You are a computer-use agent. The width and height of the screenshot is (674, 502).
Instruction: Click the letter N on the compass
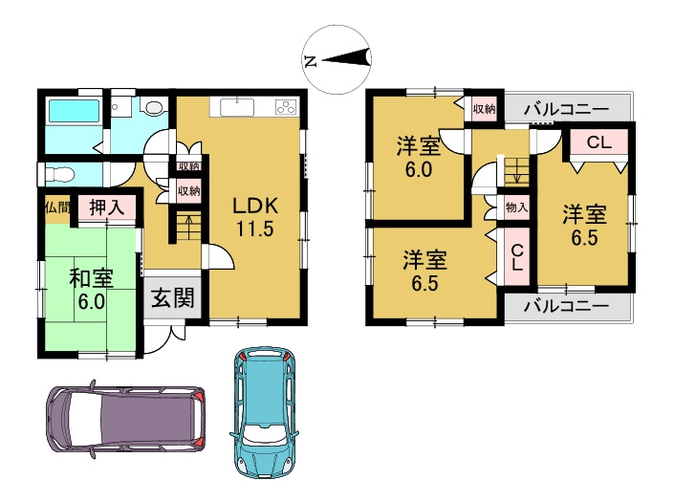[x=310, y=60]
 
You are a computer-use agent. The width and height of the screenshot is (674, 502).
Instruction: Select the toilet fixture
[x=60, y=175]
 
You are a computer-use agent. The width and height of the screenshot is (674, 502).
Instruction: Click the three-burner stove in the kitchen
[x=285, y=107]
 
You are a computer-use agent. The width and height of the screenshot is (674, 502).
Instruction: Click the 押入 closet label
[x=106, y=206]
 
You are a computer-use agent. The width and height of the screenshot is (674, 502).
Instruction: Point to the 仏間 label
[x=54, y=206]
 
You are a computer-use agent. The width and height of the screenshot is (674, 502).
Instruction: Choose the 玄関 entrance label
[x=172, y=297]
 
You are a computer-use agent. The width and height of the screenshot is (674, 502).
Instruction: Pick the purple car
[x=124, y=417]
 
